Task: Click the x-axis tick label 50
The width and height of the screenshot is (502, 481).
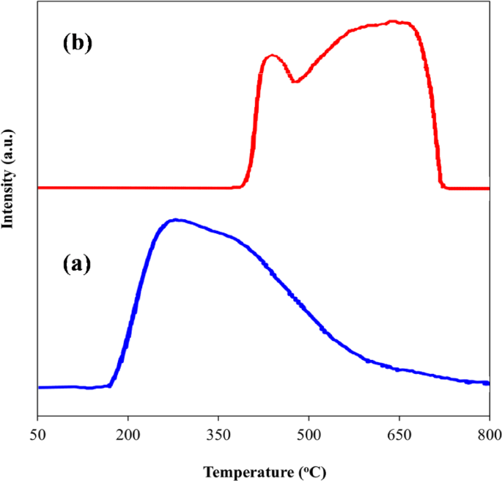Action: click(37, 434)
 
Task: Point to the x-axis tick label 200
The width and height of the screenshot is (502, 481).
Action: click(128, 434)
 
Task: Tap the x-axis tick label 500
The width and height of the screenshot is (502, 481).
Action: click(309, 434)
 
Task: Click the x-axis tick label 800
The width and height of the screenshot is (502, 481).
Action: click(489, 434)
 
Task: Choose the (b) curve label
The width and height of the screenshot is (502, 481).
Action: click(77, 43)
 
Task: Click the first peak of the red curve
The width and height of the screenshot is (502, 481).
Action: click(273, 55)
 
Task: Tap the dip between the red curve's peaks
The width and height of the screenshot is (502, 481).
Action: click(295, 81)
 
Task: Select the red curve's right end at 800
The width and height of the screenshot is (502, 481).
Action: click(488, 188)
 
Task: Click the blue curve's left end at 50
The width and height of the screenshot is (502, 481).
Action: click(38, 387)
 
